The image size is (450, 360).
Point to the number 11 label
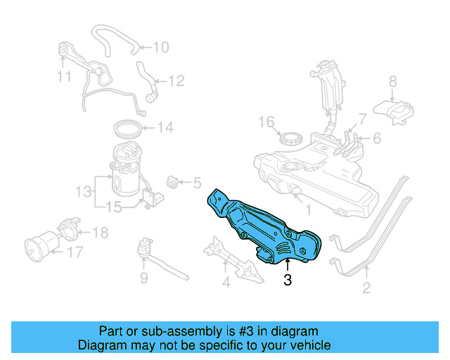[x=65, y=76]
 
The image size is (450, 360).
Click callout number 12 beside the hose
[x=176, y=82]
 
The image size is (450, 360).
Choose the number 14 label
[x=165, y=128]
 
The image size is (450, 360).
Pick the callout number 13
[x=84, y=191]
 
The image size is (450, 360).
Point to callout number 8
[x=393, y=81]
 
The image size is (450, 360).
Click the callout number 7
[x=362, y=117]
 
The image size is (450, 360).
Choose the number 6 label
[x=377, y=139]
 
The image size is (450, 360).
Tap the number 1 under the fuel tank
[x=307, y=209]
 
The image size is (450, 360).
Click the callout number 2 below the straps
[x=366, y=287]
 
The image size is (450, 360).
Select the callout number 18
[x=101, y=232]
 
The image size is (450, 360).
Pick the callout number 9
[x=143, y=279]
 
